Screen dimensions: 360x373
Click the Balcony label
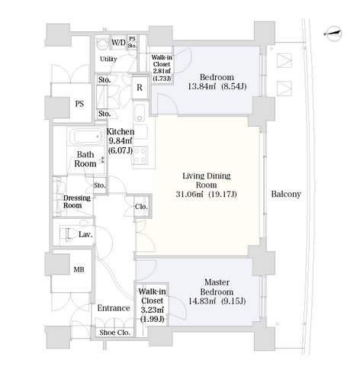tap(286, 194)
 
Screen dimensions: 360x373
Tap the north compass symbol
tap(333, 34)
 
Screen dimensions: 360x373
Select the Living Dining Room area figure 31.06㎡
tap(189, 195)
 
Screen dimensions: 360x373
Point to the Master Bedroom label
tap(217, 287)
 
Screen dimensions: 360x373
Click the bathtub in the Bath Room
tap(85, 137)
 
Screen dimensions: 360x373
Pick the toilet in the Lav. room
tap(68, 233)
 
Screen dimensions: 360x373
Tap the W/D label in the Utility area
tap(118, 42)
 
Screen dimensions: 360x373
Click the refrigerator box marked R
tap(140, 88)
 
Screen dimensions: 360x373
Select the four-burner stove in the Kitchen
tap(140, 155)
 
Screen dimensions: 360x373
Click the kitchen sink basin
tap(140, 113)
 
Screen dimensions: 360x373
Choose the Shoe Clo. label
tap(114, 333)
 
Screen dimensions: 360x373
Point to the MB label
tap(79, 269)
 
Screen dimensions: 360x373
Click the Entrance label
tap(114, 308)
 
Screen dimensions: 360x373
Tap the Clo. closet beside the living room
tap(141, 207)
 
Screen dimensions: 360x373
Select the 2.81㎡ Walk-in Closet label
tap(162, 68)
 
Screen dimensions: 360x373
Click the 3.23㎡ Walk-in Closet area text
tap(153, 310)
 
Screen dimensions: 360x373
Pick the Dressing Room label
tap(76, 201)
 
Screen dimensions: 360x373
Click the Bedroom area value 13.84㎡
tap(201, 86)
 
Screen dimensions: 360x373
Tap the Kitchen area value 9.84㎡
tap(120, 140)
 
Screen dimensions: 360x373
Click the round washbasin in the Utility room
tap(102, 43)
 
